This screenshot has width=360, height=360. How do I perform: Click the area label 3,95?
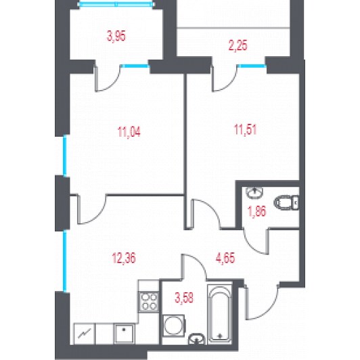116,37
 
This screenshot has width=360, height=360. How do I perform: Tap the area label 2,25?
238,45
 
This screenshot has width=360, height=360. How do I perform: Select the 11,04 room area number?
129,132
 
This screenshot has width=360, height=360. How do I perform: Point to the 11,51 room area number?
245,129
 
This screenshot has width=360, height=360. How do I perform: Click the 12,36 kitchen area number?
124,258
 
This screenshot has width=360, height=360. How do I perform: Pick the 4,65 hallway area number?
225,258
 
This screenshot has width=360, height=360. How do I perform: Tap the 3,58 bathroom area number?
184,298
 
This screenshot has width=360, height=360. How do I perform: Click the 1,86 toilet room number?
257,211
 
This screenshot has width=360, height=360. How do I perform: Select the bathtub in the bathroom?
220,314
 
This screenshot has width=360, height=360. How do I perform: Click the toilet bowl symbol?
286,202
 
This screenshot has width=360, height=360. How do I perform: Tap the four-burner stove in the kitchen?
149,302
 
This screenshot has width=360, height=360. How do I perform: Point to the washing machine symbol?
173,325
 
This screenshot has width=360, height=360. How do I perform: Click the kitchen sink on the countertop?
125,334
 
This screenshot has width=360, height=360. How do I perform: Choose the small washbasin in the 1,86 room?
254,192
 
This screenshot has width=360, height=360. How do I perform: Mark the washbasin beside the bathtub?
196,339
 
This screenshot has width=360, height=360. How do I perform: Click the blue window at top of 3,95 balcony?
116,4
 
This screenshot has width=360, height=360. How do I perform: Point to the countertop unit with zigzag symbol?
84,334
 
